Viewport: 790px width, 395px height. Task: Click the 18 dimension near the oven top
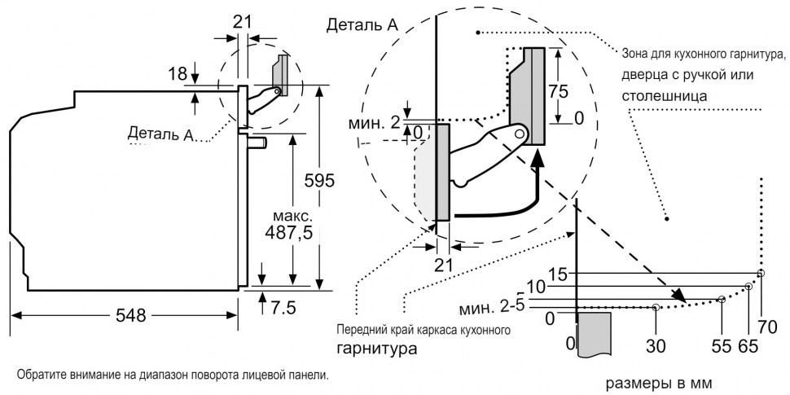click(x=178, y=73)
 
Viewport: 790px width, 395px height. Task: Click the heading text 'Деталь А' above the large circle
click(x=362, y=25)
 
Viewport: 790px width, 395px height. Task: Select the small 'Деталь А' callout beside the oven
click(x=160, y=134)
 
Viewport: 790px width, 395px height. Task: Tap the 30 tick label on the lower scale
click(x=656, y=345)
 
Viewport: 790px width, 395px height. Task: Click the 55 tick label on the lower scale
click(x=721, y=345)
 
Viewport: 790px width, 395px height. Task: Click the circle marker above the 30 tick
click(x=656, y=307)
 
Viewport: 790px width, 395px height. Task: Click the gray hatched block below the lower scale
click(x=594, y=332)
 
